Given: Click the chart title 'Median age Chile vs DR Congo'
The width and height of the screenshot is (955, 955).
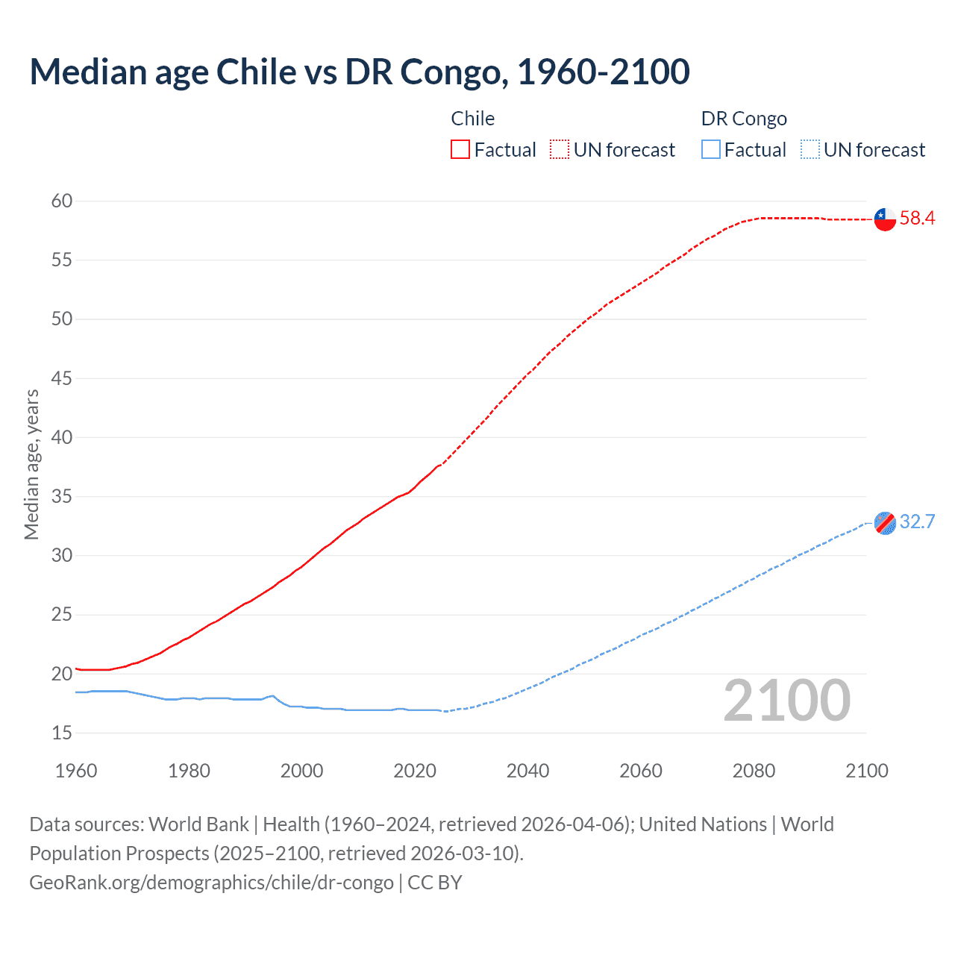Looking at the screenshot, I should pos(359,72).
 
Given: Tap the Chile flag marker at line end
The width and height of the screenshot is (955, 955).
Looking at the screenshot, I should pos(885,219).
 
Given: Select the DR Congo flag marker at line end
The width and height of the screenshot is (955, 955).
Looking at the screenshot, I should pos(885,523).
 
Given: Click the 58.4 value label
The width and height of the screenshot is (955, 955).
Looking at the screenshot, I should pos(917,219).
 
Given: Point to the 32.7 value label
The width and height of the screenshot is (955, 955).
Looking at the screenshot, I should pos(917,522).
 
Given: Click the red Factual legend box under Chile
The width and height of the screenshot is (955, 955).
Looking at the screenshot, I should pos(460,150).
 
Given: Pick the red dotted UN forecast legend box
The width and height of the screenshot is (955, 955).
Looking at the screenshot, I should pos(560,150).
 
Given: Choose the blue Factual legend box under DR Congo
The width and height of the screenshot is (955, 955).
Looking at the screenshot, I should pos(711,150).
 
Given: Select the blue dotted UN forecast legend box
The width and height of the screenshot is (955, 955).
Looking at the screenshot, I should pos(810,150).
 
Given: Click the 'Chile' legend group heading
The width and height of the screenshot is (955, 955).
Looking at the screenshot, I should pos(472,119).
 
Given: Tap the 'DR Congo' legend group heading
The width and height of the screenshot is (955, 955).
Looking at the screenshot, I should pos(744,119).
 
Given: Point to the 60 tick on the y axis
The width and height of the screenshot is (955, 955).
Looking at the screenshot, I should pos(62,201).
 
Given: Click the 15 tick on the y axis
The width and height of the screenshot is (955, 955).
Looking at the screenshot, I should pos(62,733).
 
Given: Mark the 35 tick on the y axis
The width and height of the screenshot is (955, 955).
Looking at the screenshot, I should pos(62,496).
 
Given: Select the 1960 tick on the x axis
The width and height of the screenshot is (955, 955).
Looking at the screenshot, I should pos(76,771).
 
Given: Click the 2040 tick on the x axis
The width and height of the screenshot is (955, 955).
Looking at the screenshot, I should pos(527,771).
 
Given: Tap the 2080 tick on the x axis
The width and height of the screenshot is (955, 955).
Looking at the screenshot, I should pos(754,771).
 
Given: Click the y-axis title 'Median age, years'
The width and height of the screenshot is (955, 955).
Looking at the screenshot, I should pos(31,464).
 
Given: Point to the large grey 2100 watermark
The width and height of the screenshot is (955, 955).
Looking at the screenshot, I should pos(786,701).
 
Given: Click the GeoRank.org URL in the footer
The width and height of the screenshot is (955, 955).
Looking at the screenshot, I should pos(211,883).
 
